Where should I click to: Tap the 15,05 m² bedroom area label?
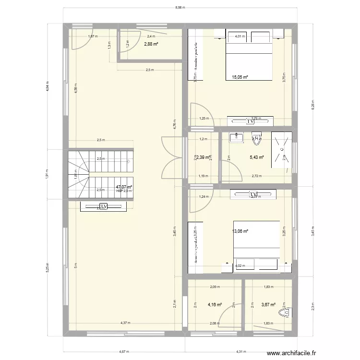pos(240,77)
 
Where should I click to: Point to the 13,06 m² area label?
pos(240,231)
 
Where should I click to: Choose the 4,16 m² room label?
pos(214,304)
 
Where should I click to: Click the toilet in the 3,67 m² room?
pos(287,312)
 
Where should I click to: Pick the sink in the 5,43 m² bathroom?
pos(237,138)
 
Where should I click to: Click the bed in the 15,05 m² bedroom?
pos(248,62)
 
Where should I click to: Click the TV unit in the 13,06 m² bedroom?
pos(253,194)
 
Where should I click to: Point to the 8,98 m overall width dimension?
pos(180,7)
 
